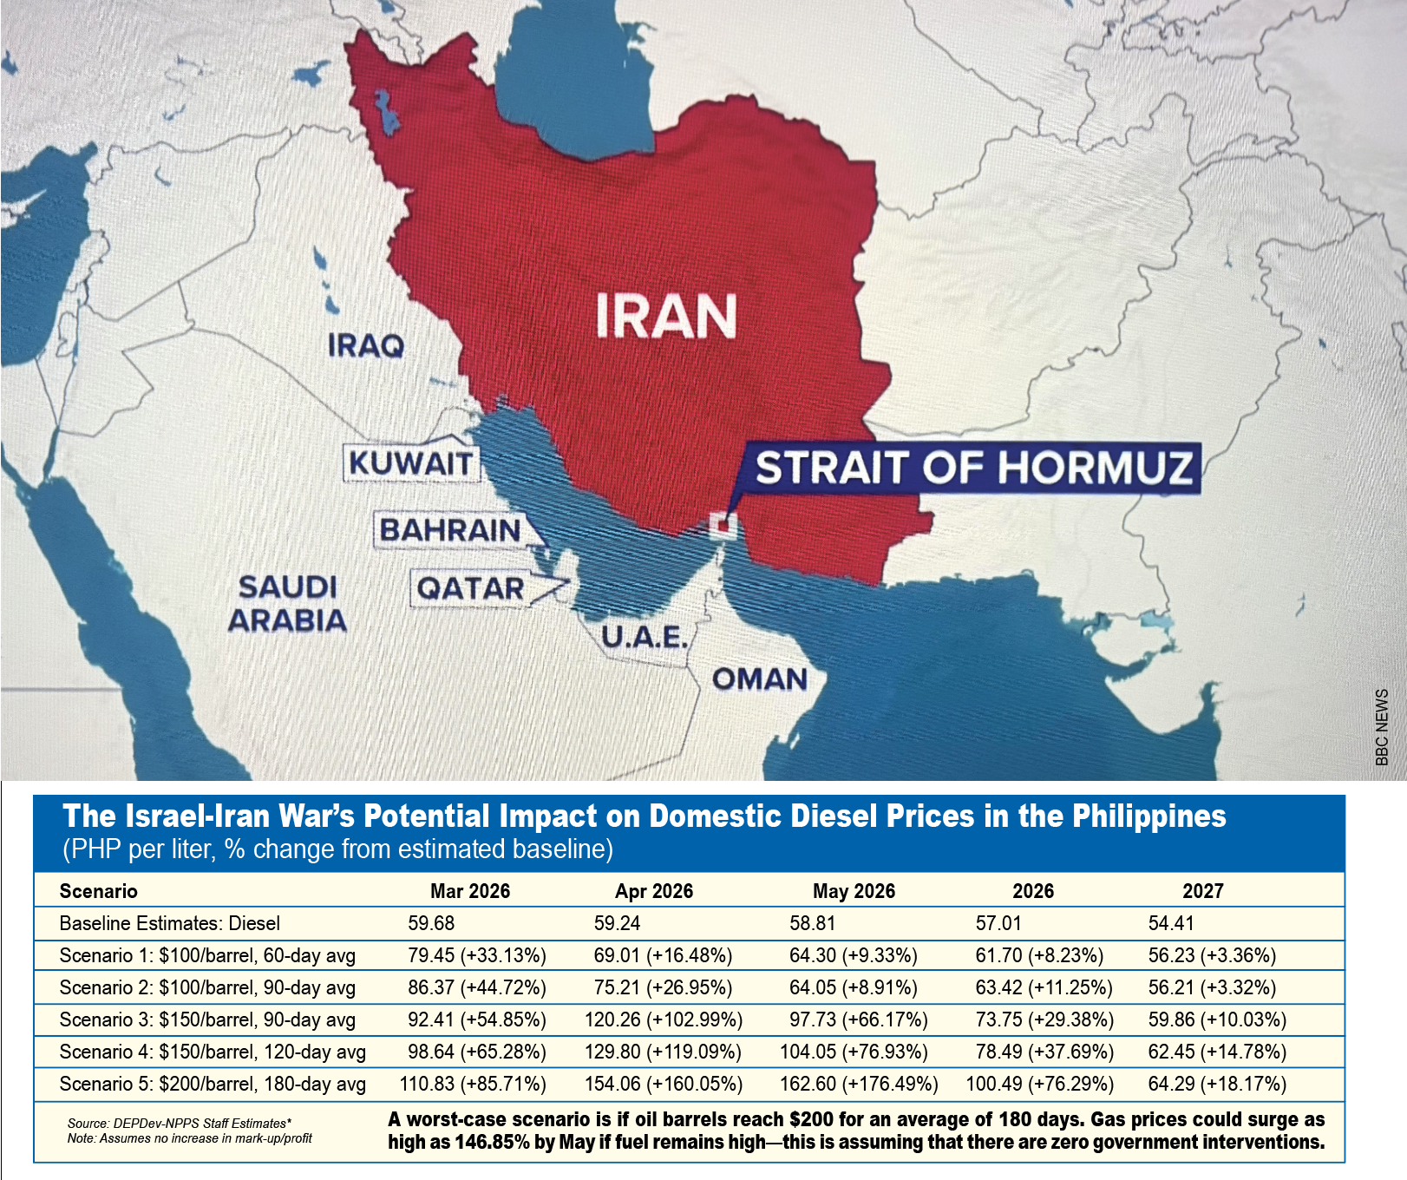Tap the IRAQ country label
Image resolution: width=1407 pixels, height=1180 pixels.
[x=365, y=346]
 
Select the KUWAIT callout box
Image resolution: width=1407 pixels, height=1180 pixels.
[x=410, y=463]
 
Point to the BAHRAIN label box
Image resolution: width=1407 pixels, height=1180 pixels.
[x=450, y=530]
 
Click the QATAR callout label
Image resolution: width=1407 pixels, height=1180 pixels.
[x=470, y=589]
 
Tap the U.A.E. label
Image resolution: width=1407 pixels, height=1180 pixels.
[x=645, y=638]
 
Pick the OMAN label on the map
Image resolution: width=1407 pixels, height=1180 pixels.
[x=760, y=679]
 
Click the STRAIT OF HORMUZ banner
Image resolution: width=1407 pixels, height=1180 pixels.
[x=972, y=468]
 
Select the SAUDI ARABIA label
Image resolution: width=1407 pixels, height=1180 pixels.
[x=287, y=604]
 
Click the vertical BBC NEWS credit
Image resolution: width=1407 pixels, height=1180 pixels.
[x=1382, y=727]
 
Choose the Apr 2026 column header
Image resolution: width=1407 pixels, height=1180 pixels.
[x=654, y=891]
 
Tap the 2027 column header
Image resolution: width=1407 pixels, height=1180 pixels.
[x=1203, y=891]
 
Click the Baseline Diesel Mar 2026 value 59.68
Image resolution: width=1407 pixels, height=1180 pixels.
[x=431, y=923]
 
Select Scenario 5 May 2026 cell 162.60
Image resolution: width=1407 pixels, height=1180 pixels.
[x=859, y=1084]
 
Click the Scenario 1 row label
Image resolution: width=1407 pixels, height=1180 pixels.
[x=207, y=955]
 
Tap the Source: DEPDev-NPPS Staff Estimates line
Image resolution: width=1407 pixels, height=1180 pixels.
[x=180, y=1123]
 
